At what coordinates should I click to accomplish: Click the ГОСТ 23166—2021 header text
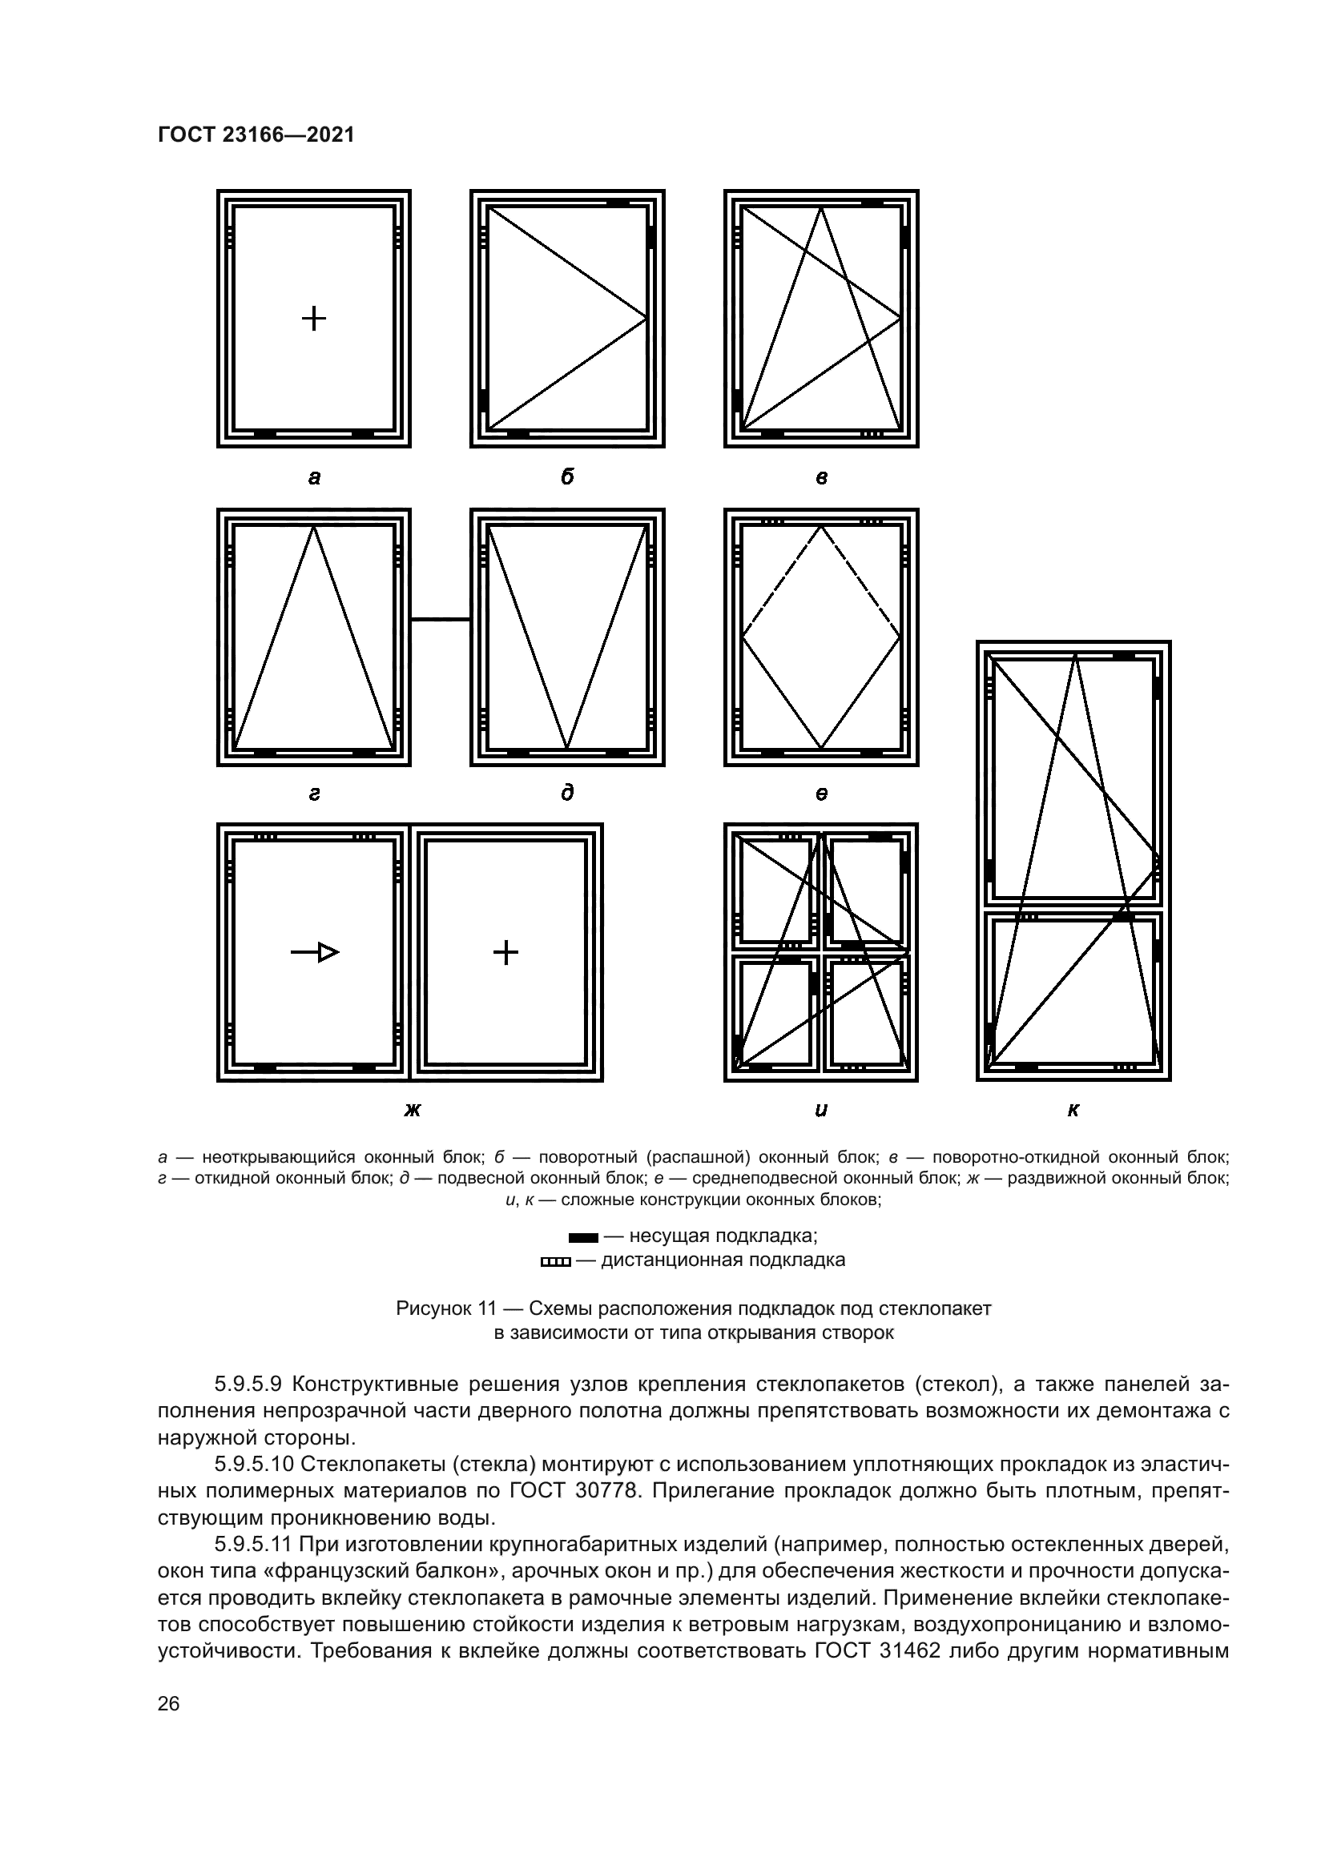click(x=256, y=135)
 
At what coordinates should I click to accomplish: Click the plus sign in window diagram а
click(x=314, y=318)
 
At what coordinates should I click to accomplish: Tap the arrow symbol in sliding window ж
click(x=315, y=952)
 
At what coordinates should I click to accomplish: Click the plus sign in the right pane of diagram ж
click(x=505, y=952)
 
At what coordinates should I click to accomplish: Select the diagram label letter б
click(x=567, y=477)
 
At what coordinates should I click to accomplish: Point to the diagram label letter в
click(x=821, y=478)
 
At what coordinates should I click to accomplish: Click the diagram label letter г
click(x=314, y=794)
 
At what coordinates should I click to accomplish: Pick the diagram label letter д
click(x=567, y=792)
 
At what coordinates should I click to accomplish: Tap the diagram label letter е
click(x=821, y=794)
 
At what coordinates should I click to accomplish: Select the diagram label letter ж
click(x=411, y=1109)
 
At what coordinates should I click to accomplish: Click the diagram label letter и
click(x=821, y=1109)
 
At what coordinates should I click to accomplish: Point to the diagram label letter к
click(x=1073, y=1109)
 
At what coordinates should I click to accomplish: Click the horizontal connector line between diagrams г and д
click(x=441, y=619)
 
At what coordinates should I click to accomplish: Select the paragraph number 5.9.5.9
click(x=248, y=1385)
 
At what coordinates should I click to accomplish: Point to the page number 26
click(x=169, y=1703)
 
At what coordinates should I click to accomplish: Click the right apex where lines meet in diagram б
click(x=646, y=318)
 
